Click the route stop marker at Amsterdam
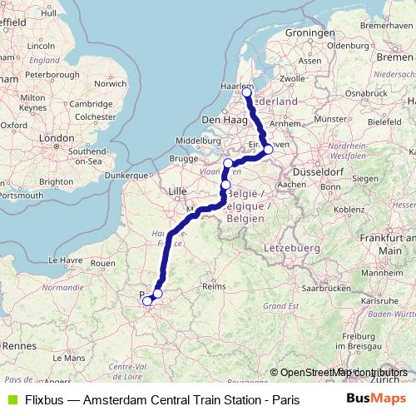tap(246, 92)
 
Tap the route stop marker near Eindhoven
tap(268, 150)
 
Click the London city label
tap(57, 137)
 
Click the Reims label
tap(215, 285)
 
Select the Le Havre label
tap(66, 260)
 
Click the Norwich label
tap(110, 83)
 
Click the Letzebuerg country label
tap(288, 249)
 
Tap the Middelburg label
tap(197, 141)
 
